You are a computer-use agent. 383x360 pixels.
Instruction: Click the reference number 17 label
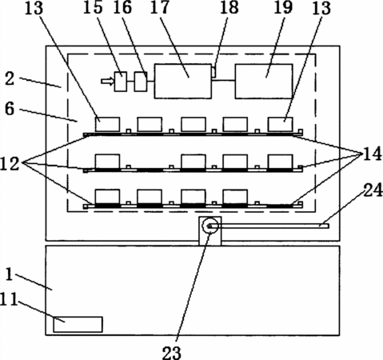coord(160,7)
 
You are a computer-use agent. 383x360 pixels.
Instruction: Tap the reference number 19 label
coord(283,7)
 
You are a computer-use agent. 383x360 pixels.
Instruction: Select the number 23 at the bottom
coord(172,353)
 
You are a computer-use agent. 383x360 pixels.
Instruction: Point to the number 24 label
coord(373,190)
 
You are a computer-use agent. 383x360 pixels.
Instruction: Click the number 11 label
coord(9,299)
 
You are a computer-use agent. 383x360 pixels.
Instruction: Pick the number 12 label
coord(10,163)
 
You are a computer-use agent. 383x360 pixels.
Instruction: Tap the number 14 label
coord(372,154)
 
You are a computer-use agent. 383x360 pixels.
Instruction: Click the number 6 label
coord(10,109)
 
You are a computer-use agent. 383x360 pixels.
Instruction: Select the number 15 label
coord(93,7)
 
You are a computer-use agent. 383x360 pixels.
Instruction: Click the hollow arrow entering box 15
coord(107,82)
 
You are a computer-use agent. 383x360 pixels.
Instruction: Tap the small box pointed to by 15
coord(121,82)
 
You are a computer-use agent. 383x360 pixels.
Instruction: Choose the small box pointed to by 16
coord(141,82)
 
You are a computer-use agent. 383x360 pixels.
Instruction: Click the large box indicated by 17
coord(183,81)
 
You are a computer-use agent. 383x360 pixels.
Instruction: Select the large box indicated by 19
coord(264,81)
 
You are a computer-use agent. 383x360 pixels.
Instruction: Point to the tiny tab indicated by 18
coord(213,72)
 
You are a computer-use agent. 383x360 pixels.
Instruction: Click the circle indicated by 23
coord(210,226)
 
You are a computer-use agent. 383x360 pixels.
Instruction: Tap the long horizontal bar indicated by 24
coord(269,226)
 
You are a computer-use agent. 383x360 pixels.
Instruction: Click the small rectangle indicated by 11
coord(78,325)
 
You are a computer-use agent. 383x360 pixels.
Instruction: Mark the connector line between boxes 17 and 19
coord(223,80)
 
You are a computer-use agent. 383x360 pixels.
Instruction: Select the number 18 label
coord(229,7)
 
